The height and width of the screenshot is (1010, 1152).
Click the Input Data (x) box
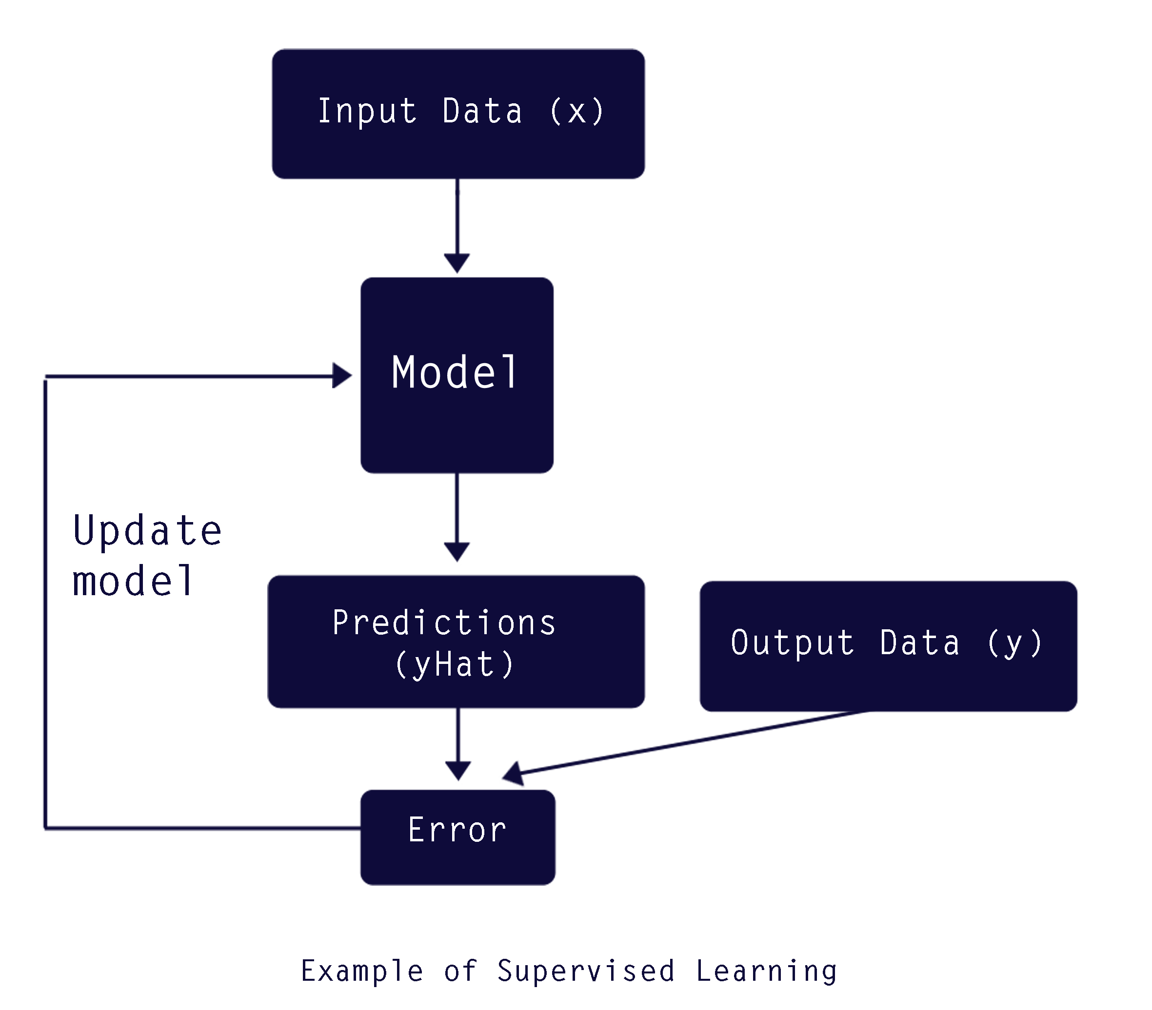[458, 114]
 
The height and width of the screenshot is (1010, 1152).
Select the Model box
[457, 375]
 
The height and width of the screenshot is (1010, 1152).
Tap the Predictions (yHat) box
[456, 641]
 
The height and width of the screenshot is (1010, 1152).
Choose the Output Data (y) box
[888, 646]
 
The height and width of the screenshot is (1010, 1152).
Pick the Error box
[458, 837]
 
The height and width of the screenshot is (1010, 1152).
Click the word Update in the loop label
[148, 531]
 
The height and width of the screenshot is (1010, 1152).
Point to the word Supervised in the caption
[586, 971]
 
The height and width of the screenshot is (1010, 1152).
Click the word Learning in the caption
[767, 971]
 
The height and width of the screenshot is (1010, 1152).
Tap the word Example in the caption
[362, 971]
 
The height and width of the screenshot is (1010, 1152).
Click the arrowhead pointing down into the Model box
[457, 264]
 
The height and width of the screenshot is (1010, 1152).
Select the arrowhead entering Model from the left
[342, 375]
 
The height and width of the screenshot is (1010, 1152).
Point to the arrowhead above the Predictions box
[457, 552]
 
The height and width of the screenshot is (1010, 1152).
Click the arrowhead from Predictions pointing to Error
[458, 771]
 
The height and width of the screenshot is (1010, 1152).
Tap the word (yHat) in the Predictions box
[454, 665]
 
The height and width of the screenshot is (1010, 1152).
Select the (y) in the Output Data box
[1015, 643]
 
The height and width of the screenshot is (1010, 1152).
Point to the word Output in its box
[792, 643]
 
